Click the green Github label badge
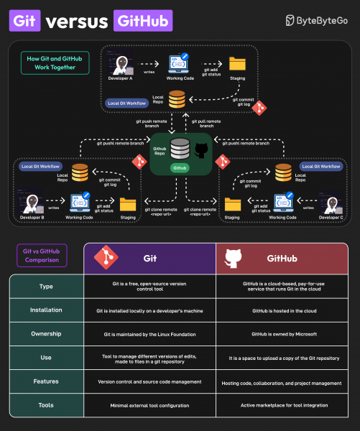pos(180,167)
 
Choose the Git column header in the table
pos(150,258)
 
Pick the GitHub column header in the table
pos(282,258)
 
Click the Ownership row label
pos(45,334)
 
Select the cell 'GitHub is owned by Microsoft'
pos(282,334)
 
